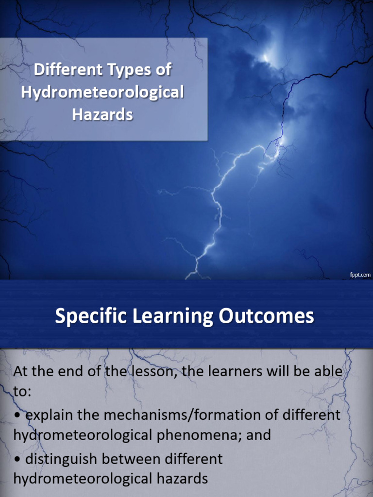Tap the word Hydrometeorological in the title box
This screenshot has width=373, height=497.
tap(102, 93)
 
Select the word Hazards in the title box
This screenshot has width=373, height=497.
tap(102, 115)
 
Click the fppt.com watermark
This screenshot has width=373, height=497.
tap(360, 275)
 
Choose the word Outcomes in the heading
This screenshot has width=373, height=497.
tap(267, 317)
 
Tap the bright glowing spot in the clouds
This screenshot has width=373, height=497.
tap(266, 58)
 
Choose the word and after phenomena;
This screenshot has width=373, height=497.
tap(258, 435)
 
